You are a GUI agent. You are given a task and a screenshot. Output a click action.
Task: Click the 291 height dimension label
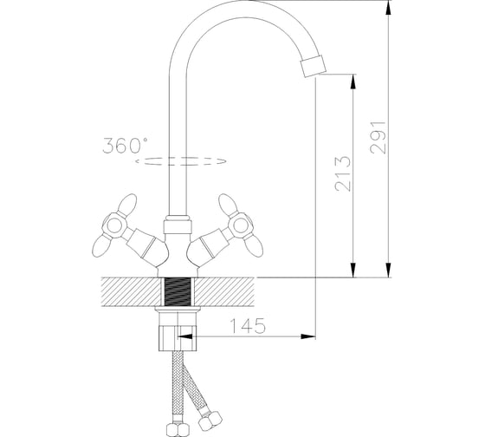pyautogui.click(x=378, y=137)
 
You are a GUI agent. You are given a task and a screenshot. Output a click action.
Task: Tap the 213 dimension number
pyautogui.click(x=343, y=173)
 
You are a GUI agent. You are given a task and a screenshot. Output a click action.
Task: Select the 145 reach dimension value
pyautogui.click(x=248, y=325)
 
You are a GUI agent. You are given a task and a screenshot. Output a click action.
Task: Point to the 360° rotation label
pyautogui.click(x=125, y=146)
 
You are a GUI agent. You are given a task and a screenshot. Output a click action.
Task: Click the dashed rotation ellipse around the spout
pyautogui.click(x=181, y=161)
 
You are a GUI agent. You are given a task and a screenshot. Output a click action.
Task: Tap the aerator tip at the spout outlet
pyautogui.click(x=314, y=66)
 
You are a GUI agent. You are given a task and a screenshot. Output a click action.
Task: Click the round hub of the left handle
pyautogui.click(x=114, y=225)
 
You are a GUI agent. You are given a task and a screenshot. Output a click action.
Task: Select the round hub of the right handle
pyautogui.click(x=241, y=225)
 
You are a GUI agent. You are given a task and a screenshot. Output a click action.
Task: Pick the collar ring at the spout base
pyautogui.click(x=178, y=225)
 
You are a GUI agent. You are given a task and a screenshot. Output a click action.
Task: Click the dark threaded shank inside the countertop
pyautogui.click(x=178, y=291)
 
